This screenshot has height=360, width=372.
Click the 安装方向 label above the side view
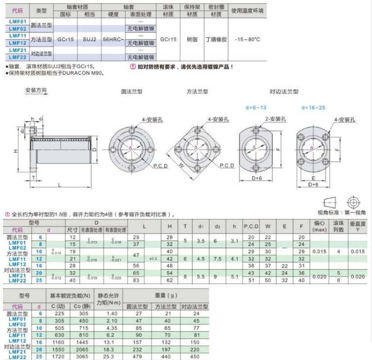(36, 90)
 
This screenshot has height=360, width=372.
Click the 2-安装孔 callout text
(275, 119)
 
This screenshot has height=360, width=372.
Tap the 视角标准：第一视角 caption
(341, 213)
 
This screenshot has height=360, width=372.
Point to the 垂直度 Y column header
(357, 226)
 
